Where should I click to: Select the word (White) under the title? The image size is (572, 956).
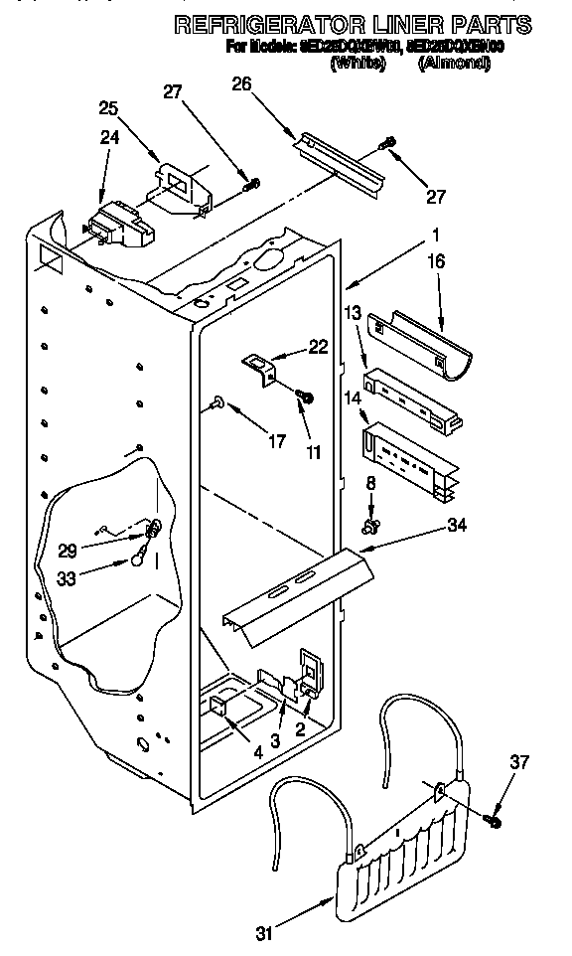357,63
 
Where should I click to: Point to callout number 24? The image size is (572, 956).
110,138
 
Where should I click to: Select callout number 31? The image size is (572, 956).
263,932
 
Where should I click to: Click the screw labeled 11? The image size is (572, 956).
305,397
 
